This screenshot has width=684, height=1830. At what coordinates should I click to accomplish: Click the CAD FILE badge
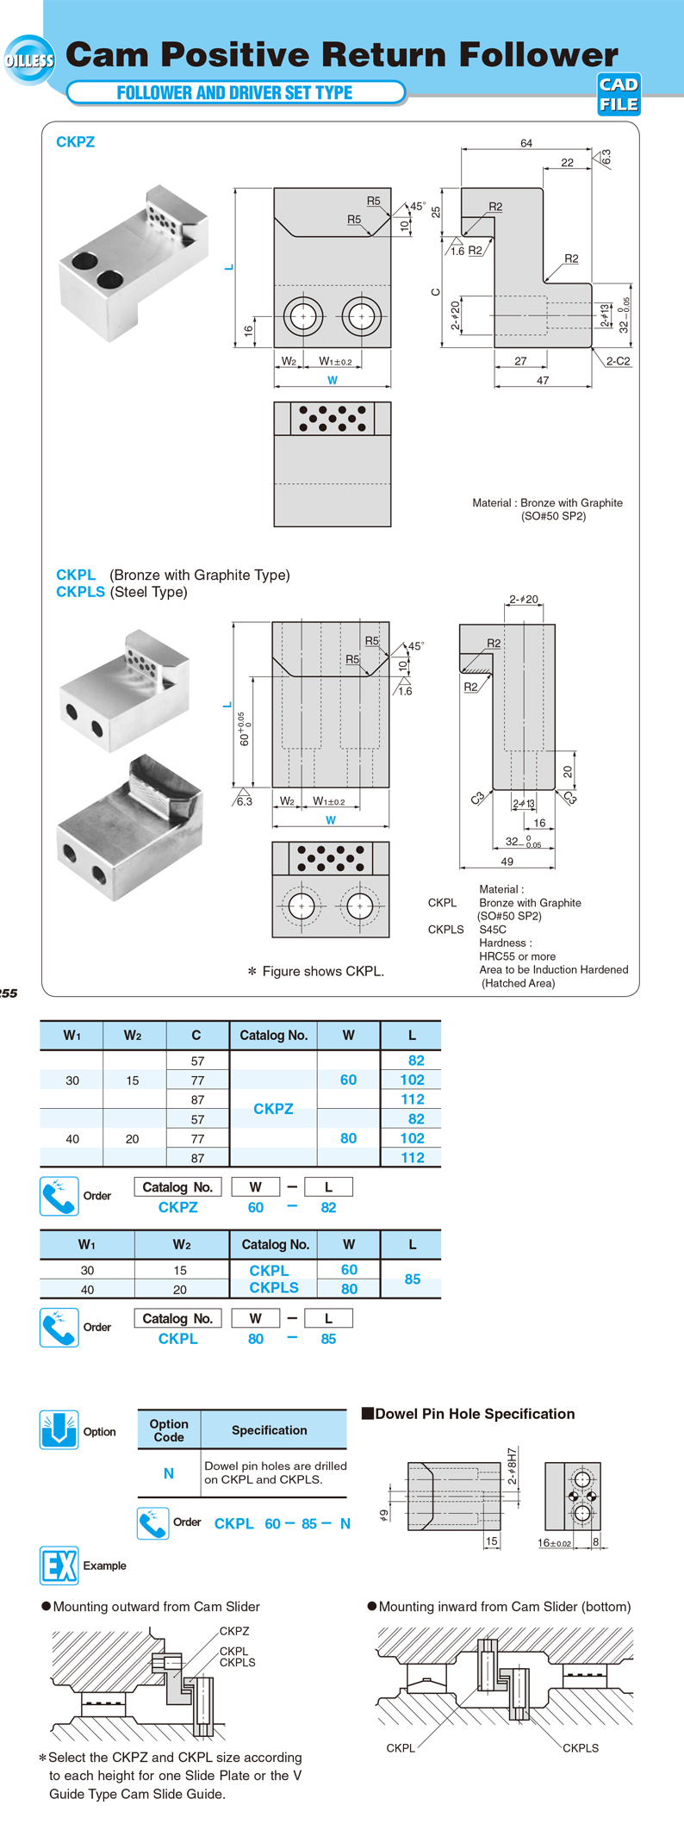619,95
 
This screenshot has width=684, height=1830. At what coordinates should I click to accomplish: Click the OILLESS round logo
29,60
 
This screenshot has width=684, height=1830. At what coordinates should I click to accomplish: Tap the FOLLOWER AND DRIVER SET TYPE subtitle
234,93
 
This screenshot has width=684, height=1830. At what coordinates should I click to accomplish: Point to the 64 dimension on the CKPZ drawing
526,143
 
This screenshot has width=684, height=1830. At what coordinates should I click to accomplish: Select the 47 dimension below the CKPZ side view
543,380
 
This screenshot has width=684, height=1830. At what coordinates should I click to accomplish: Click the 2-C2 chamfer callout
618,361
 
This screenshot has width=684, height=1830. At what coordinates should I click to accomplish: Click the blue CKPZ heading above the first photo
75,142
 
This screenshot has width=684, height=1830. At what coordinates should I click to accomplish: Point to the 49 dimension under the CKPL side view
507,861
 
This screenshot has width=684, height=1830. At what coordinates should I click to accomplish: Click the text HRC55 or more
517,956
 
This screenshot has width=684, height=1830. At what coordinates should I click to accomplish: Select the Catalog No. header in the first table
273,1035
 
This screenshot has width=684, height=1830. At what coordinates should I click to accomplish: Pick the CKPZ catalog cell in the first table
273,1109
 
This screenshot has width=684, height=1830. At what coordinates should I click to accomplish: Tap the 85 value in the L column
413,1279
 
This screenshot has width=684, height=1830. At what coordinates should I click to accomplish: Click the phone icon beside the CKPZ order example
59,1196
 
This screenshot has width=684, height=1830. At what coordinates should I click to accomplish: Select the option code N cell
169,1473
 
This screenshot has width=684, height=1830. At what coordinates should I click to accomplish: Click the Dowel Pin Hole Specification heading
474,1414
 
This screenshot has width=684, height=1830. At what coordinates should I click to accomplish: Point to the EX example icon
59,1565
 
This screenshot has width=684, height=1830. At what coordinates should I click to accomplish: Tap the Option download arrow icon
59,1431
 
